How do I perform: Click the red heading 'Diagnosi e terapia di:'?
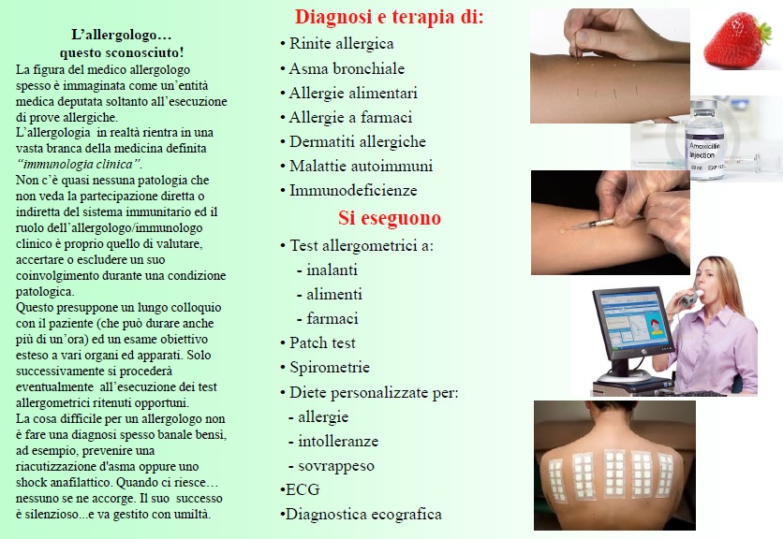coord(389,17)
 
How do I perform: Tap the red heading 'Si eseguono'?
coord(390,218)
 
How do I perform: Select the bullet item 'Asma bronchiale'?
coord(347,68)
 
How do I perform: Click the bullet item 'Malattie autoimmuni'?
coord(361,166)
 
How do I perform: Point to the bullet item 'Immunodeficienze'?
coord(353,190)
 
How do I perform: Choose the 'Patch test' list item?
coord(322,342)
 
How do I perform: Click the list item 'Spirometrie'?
coord(330,368)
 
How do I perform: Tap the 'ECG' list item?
coord(303,489)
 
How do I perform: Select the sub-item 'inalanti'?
coord(332,270)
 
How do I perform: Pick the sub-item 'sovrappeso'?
coord(336,466)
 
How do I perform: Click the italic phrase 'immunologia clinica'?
coord(79,164)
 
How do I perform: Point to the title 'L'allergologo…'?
coord(122,35)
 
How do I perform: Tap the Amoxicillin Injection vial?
coord(705,139)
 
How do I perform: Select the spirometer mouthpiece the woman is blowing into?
coord(689,299)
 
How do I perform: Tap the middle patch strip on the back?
coord(614,473)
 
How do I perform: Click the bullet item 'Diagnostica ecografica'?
coord(363,514)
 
